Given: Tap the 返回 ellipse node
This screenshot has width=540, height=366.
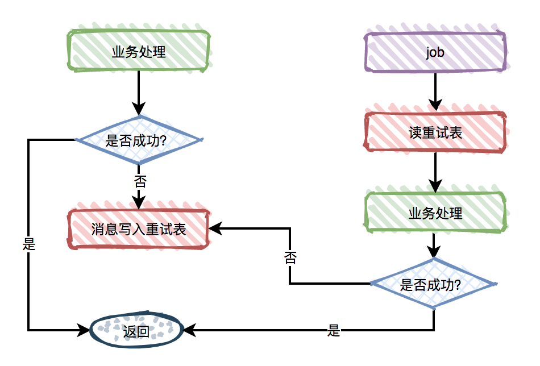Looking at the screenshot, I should (x=136, y=330).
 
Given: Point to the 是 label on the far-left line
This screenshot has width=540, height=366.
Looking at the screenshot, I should (x=28, y=244).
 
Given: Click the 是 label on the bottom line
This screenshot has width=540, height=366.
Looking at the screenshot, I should (x=334, y=330).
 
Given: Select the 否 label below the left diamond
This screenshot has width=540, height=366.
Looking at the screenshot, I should (x=139, y=182).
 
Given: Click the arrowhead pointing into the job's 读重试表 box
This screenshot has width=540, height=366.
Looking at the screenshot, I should (x=435, y=105).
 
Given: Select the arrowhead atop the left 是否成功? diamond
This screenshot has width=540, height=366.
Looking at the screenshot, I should (x=139, y=109).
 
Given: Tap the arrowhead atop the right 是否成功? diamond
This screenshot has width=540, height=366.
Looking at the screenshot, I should (x=434, y=252).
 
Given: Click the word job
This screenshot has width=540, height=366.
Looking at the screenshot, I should (x=435, y=52).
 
